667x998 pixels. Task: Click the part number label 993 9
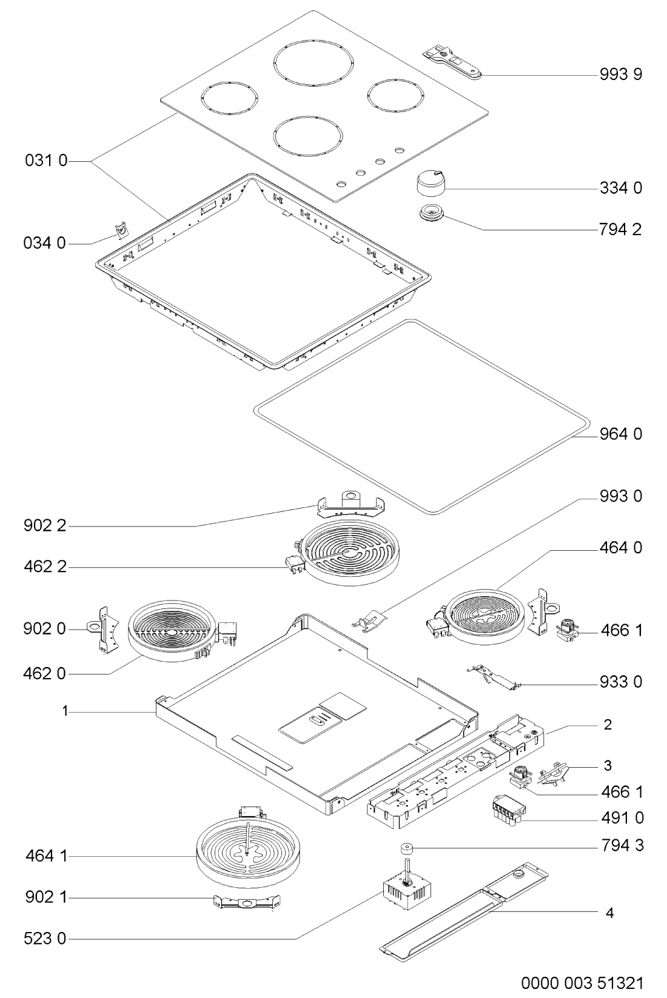coord(621,74)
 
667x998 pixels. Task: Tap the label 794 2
coord(621,230)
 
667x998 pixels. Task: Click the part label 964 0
coord(621,433)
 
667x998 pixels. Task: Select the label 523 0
coord(45,938)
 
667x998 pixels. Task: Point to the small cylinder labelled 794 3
coord(407,848)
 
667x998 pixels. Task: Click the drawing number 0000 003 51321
coord(582,982)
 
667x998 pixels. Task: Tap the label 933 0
coord(621,682)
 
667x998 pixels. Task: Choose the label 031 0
coord(46,160)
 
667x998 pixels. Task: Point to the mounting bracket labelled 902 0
coord(104,628)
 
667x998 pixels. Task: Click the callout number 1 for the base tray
coord(65,711)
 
